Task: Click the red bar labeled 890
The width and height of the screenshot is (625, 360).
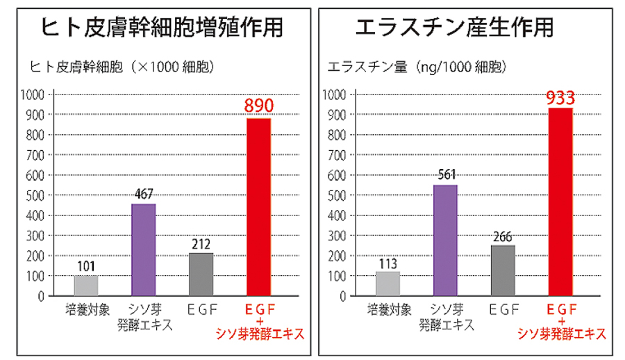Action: tap(259, 206)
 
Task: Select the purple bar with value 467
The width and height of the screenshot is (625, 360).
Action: tap(144, 249)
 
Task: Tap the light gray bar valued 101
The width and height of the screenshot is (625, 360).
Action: tap(86, 286)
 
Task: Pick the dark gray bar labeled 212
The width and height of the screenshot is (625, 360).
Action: tap(201, 274)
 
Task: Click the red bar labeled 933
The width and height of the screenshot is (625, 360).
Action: tap(560, 202)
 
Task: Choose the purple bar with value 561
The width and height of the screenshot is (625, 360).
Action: tap(445, 240)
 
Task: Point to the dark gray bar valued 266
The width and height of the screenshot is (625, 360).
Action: tap(503, 270)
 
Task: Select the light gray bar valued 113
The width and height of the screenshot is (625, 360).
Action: tap(387, 284)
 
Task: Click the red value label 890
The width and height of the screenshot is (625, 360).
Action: tap(259, 106)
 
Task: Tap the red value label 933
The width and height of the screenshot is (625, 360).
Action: tap(560, 97)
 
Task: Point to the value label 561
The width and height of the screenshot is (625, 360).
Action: tap(445, 174)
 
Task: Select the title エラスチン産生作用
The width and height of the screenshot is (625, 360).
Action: tap(454, 27)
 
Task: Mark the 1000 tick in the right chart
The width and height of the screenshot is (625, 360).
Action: tap(333, 95)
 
